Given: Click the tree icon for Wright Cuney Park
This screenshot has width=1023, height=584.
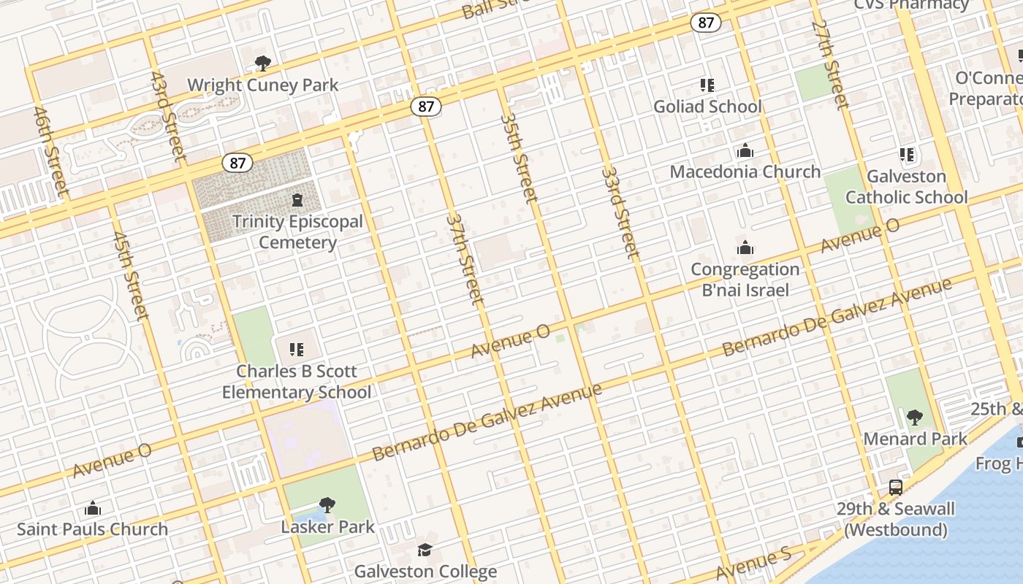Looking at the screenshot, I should (263, 64).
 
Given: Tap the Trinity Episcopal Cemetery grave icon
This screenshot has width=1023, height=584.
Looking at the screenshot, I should (297, 199).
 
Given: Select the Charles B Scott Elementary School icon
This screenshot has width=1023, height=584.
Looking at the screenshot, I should (296, 350).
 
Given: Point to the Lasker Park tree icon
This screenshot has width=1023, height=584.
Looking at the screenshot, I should (327, 504).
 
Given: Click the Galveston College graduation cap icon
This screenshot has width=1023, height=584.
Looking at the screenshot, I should (425, 550).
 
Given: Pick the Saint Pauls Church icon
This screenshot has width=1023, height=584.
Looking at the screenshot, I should (93, 508).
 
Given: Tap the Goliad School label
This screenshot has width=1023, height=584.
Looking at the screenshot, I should (707, 107).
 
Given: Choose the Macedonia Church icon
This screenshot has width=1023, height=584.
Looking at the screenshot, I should (745, 151).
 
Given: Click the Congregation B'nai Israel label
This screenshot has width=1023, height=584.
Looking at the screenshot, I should (745, 280).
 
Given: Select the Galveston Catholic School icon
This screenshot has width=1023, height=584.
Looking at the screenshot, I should (907, 155).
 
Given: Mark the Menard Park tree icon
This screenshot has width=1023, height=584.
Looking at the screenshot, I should (914, 418).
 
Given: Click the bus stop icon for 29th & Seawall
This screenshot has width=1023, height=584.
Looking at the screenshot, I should (896, 488).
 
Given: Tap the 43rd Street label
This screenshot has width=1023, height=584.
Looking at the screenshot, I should (167, 116).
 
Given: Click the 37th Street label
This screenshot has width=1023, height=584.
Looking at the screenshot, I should (465, 259).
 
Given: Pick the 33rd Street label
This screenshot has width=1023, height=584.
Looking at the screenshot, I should (620, 212).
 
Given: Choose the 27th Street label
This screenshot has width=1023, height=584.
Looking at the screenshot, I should (830, 64).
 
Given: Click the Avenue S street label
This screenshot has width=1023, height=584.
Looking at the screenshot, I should (753, 565).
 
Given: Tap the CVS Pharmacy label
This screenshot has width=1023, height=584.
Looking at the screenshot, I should (911, 5).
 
